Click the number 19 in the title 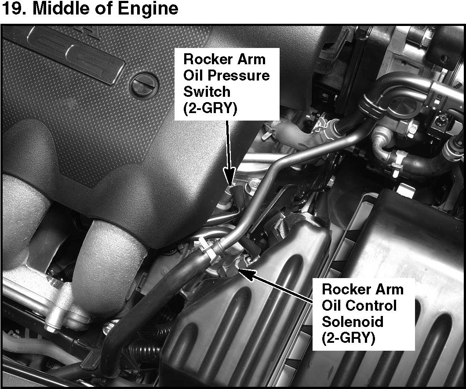click(x=11, y=8)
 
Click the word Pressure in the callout click(x=239, y=76)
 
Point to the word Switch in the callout click(x=207, y=91)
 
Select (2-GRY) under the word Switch click(x=210, y=108)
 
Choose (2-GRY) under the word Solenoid click(x=348, y=338)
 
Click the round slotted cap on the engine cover click(x=144, y=85)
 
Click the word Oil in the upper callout click(x=193, y=76)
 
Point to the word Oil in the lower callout click(x=332, y=305)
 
